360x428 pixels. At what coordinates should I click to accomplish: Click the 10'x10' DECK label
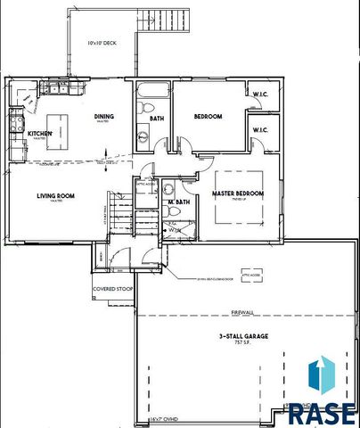102,43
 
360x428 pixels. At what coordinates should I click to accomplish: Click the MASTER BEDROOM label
238,193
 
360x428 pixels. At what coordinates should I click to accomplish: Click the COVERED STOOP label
112,289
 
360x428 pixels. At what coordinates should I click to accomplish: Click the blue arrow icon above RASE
321,374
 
